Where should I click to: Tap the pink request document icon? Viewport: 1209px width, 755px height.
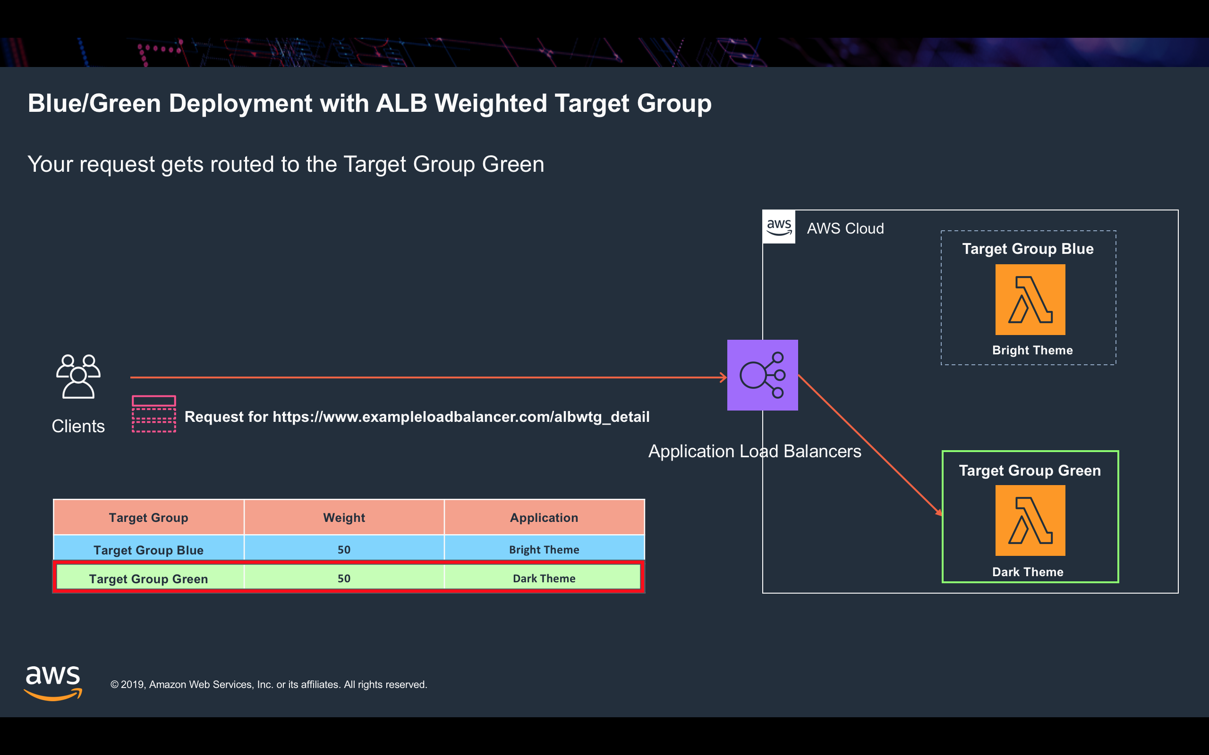[154, 413]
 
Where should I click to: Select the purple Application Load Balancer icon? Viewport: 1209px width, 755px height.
[762, 375]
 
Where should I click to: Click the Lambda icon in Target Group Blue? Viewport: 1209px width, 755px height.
[1030, 300]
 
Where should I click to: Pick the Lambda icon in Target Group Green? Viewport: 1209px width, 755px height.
[1030, 520]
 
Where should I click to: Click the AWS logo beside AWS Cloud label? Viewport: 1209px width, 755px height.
[779, 227]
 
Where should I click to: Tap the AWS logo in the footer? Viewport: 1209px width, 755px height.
[53, 683]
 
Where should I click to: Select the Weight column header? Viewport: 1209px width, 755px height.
[344, 517]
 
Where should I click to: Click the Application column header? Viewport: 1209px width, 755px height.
[544, 517]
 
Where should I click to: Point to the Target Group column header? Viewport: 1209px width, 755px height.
[148, 517]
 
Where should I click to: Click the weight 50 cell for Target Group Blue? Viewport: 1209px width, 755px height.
[344, 549]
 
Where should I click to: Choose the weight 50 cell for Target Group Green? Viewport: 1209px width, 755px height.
[344, 578]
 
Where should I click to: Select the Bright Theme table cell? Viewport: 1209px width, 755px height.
[544, 549]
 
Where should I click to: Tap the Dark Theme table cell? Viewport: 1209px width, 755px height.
[544, 578]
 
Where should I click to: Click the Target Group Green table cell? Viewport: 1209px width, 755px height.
[148, 578]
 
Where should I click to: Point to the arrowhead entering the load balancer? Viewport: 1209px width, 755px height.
[724, 377]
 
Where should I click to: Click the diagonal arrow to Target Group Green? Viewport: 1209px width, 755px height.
[870, 445]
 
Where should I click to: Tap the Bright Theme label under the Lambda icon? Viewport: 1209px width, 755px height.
[1032, 350]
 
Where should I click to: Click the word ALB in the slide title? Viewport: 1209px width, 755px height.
[401, 103]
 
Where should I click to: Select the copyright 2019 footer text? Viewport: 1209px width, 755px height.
[269, 684]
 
